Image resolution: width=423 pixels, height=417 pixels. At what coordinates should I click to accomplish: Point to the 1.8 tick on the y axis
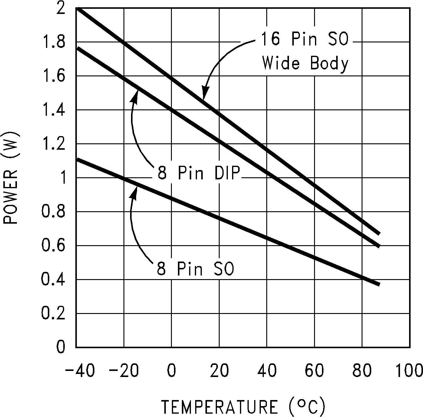(x=53, y=42)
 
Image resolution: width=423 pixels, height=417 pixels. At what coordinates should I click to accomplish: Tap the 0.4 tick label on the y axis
(x=53, y=280)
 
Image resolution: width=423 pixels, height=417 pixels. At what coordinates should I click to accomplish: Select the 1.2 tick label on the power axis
(x=53, y=144)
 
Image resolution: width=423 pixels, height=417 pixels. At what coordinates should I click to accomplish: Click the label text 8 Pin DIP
(x=198, y=173)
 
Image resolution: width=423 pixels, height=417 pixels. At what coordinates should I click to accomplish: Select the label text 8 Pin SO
(x=195, y=269)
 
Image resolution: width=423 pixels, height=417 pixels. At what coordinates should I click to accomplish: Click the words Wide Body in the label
(x=305, y=64)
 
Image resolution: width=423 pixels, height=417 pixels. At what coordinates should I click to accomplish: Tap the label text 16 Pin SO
(x=304, y=39)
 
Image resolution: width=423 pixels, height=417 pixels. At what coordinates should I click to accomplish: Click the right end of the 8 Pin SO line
(x=379, y=284)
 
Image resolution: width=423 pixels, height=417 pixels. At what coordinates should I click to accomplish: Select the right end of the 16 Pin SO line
(x=379, y=233)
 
